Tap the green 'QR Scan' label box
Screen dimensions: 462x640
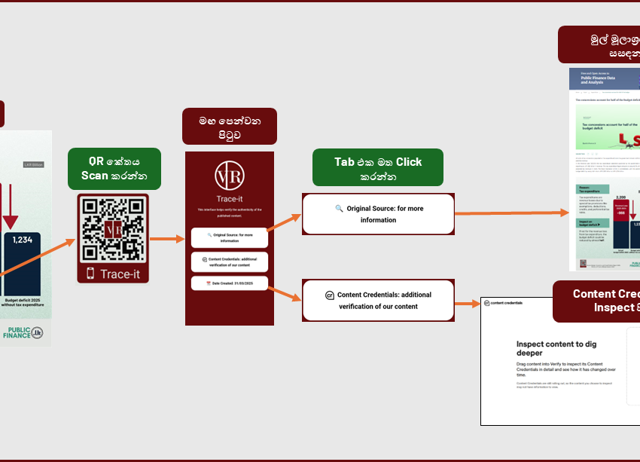[114, 168]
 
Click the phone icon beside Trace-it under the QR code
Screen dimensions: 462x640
[90, 274]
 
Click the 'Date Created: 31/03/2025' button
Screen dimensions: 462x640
[229, 284]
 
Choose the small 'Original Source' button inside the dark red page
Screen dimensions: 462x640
[229, 237]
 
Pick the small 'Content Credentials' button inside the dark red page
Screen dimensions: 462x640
[229, 262]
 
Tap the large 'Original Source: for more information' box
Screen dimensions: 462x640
[378, 214]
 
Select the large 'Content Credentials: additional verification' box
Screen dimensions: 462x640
[378, 300]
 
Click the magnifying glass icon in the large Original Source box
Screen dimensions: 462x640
[340, 208]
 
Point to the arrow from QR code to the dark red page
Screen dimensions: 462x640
[167, 239]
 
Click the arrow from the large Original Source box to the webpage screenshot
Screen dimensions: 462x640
[511, 213]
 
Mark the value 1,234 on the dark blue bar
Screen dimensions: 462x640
[22, 239]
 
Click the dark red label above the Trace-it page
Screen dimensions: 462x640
[229, 126]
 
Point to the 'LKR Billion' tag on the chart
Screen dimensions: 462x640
[34, 164]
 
